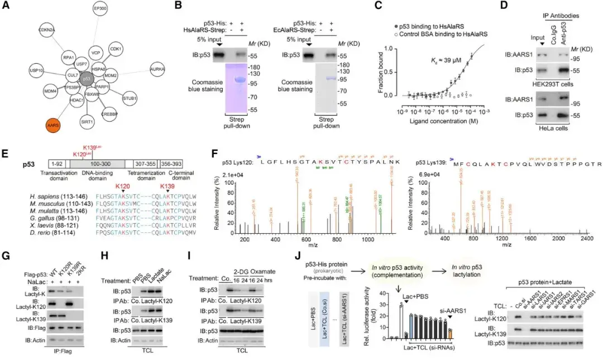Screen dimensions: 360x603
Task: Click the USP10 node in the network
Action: tap(37, 71)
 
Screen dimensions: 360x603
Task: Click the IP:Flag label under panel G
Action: tap(61, 352)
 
